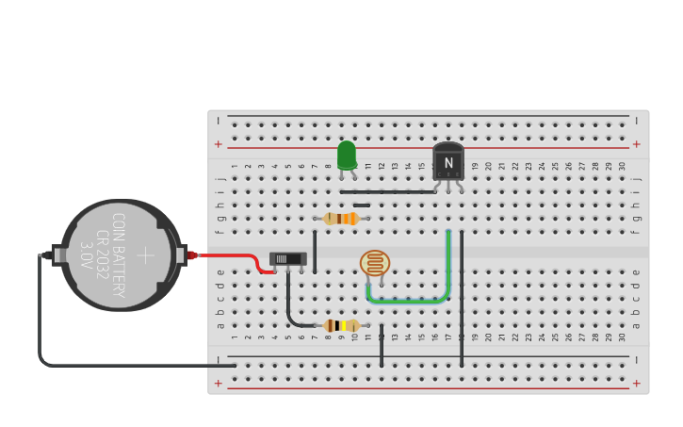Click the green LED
347,156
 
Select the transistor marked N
448,161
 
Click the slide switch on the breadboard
288,258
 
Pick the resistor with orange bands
341,219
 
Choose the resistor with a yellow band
341,325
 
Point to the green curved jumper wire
407,301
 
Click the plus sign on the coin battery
145,255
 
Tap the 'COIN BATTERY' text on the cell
119,255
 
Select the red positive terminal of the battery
192,255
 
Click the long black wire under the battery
132,365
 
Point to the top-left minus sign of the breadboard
219,121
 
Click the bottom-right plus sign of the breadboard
637,384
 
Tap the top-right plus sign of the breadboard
637,144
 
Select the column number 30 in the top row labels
622,166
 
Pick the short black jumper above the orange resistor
362,205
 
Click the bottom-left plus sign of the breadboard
219,384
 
